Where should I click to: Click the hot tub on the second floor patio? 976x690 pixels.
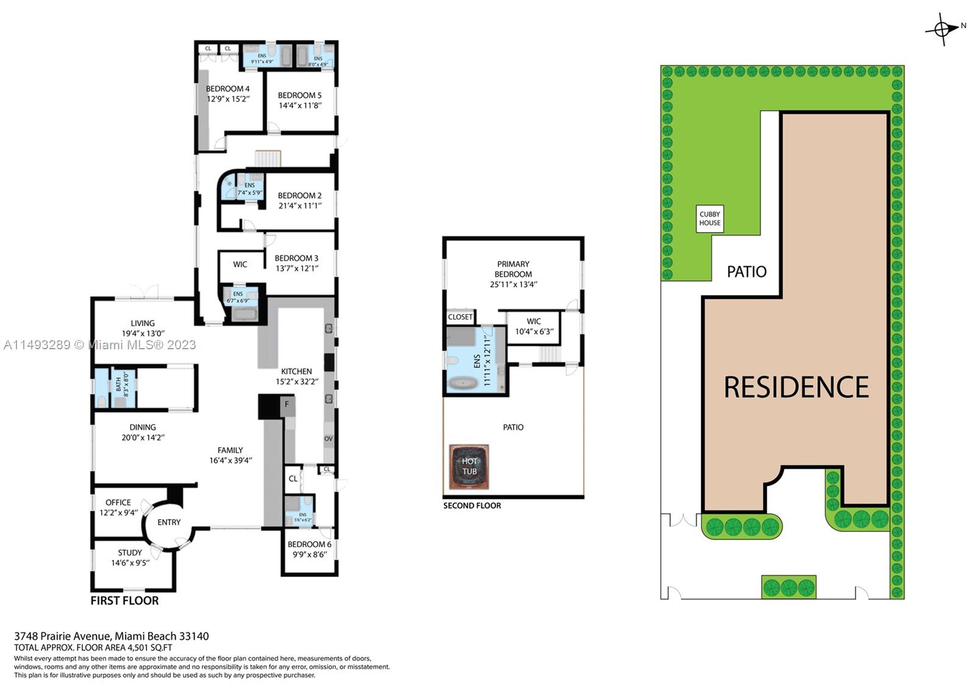(x=469, y=467)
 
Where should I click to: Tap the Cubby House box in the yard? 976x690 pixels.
(x=709, y=219)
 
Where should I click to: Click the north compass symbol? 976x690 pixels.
(x=942, y=29)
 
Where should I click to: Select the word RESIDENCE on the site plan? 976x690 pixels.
(x=796, y=387)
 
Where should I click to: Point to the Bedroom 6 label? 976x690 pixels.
(x=309, y=544)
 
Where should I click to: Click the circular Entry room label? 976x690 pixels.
(x=169, y=522)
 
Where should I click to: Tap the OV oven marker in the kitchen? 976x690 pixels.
(x=328, y=439)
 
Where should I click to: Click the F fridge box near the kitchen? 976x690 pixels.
(x=287, y=404)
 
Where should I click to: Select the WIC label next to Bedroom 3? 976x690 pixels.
(x=240, y=264)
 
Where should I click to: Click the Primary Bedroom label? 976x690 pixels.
(x=513, y=269)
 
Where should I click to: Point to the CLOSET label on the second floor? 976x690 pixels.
(x=460, y=317)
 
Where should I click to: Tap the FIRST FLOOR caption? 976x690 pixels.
(x=124, y=600)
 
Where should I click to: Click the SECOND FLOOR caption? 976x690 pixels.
(x=472, y=506)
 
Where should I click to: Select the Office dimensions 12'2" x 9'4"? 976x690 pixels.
(x=118, y=512)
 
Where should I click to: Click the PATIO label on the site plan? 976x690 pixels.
(x=747, y=272)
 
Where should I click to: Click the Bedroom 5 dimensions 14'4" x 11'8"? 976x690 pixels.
(x=300, y=106)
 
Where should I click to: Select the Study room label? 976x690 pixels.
(x=130, y=553)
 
